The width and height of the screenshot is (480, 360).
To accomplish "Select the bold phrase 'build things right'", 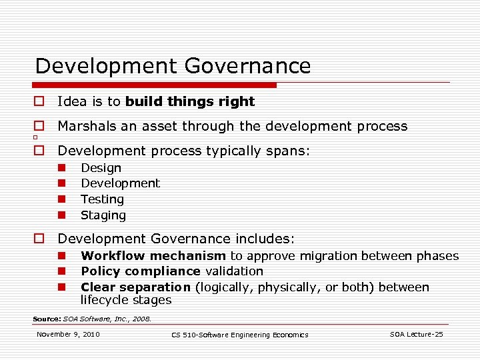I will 190,102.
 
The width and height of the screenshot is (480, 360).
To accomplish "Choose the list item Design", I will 101,168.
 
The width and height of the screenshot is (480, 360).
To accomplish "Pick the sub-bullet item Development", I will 120,183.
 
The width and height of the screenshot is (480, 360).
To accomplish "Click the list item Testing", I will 102,199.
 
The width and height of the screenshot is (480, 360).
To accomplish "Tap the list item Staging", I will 103,215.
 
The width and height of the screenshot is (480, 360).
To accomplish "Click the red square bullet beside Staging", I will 60,215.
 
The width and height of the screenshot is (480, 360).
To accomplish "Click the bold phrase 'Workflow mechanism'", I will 153,256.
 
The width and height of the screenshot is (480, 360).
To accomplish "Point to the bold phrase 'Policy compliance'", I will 140,271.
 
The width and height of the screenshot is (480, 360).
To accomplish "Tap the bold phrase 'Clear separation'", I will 135,287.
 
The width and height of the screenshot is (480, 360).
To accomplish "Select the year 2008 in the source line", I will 143,319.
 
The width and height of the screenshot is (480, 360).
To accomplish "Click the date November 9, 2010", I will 68,334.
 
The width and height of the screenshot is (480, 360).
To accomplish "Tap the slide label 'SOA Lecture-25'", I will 416,334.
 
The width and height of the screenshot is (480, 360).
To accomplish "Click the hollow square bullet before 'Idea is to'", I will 39,102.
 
